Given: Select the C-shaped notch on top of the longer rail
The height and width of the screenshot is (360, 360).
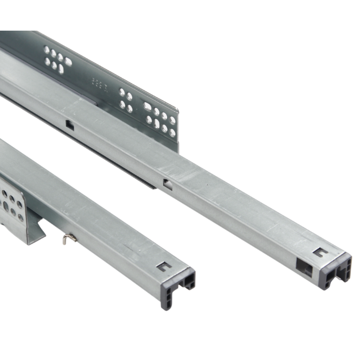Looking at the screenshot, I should tap(320, 252).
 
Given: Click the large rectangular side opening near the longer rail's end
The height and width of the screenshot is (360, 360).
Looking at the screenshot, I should tap(304, 266).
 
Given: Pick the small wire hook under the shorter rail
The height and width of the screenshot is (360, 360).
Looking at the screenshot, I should tap(69, 239).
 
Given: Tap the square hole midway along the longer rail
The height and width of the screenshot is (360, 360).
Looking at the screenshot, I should tap(167, 184).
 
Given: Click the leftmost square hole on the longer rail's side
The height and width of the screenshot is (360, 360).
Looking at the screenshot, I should tap(70, 125).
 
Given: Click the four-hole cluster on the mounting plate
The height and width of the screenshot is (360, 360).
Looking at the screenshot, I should tap(126, 100).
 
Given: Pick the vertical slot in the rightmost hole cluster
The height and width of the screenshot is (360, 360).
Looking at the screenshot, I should tap(156, 123).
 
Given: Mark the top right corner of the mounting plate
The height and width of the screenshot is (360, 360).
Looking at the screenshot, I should tap(177, 110).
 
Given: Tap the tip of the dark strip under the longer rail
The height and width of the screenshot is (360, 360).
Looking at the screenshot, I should tap(154, 186).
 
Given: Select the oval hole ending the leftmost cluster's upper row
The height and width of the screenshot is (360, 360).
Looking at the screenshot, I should tap(68, 61).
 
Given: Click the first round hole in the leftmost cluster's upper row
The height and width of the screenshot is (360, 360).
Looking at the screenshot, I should tap(47, 49).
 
